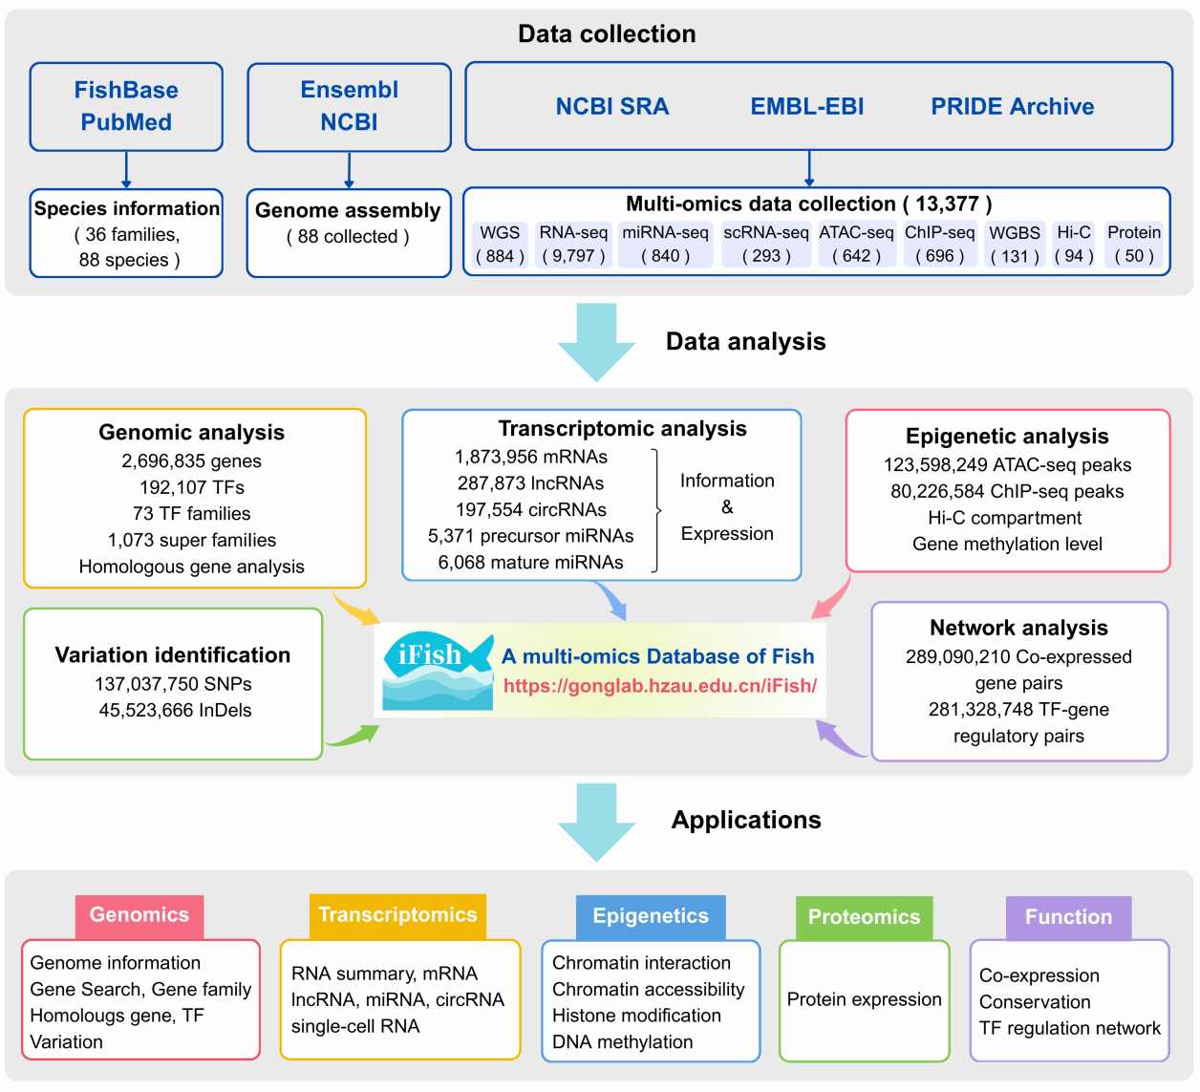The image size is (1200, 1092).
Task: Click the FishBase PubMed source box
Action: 126,106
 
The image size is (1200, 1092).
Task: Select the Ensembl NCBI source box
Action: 349,106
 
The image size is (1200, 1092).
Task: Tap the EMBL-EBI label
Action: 806,106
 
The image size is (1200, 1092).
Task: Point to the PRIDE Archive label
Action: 1012,106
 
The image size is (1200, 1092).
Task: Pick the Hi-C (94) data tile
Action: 1074,245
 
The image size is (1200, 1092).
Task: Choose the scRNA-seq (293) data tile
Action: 765,245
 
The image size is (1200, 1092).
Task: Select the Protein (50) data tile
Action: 1134,245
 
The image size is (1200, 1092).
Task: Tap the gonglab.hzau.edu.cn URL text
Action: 659,686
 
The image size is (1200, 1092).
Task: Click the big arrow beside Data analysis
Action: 596,342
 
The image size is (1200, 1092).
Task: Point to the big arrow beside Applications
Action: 596,822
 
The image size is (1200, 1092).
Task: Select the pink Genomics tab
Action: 139,915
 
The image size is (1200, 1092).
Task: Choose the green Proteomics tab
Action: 864,917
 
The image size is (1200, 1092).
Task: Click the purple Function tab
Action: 1068,917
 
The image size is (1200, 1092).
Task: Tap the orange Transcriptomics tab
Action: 397,915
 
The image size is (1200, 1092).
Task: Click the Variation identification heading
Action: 173,655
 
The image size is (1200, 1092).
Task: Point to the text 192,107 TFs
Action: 192,487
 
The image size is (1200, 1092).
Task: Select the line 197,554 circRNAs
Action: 531,510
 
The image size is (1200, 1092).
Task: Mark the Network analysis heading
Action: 1018,628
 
